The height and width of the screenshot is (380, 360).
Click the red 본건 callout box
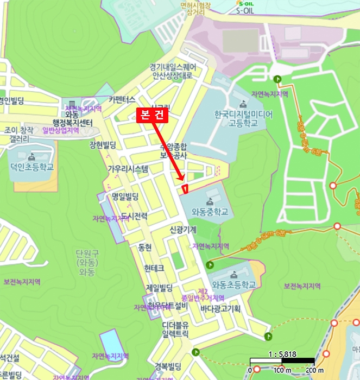pyautogui.click(x=153, y=115)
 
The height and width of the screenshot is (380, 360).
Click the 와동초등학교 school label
pyautogui.click(x=234, y=284)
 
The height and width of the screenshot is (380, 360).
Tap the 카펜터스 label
pyautogui.click(x=122, y=99)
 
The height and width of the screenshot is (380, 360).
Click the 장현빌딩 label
pyautogui.click(x=103, y=144)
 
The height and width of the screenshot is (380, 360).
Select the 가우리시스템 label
pyautogui.click(x=128, y=169)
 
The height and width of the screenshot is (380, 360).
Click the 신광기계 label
pyautogui.click(x=183, y=230)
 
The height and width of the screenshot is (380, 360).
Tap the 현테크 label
pyautogui.click(x=154, y=268)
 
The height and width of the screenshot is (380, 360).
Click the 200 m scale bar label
pyautogui.click(x=315, y=370)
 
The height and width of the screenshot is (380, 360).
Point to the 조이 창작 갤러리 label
pyautogui.click(x=19, y=135)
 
